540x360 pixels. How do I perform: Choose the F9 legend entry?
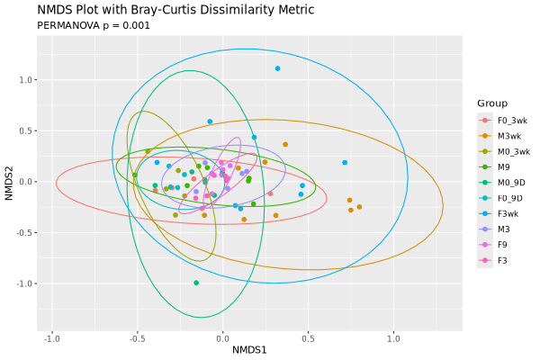pos(497,245)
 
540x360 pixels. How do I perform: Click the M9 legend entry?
pos(497,166)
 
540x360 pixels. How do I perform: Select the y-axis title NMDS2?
pos(9,183)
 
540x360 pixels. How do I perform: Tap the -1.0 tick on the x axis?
pos(52,338)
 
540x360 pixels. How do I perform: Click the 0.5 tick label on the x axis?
pos(308,338)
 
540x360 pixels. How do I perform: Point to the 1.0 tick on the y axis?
pos(26,80)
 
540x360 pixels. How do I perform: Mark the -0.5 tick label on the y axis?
pos(24,232)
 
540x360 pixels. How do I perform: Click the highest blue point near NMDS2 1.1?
pos(277,68)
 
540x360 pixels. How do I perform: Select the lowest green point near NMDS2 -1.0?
pos(196,283)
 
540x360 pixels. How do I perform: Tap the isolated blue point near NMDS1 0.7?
pos(345,163)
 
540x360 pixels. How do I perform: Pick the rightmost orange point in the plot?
pos(359,207)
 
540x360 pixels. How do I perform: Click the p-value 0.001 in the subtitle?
pos(138,25)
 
